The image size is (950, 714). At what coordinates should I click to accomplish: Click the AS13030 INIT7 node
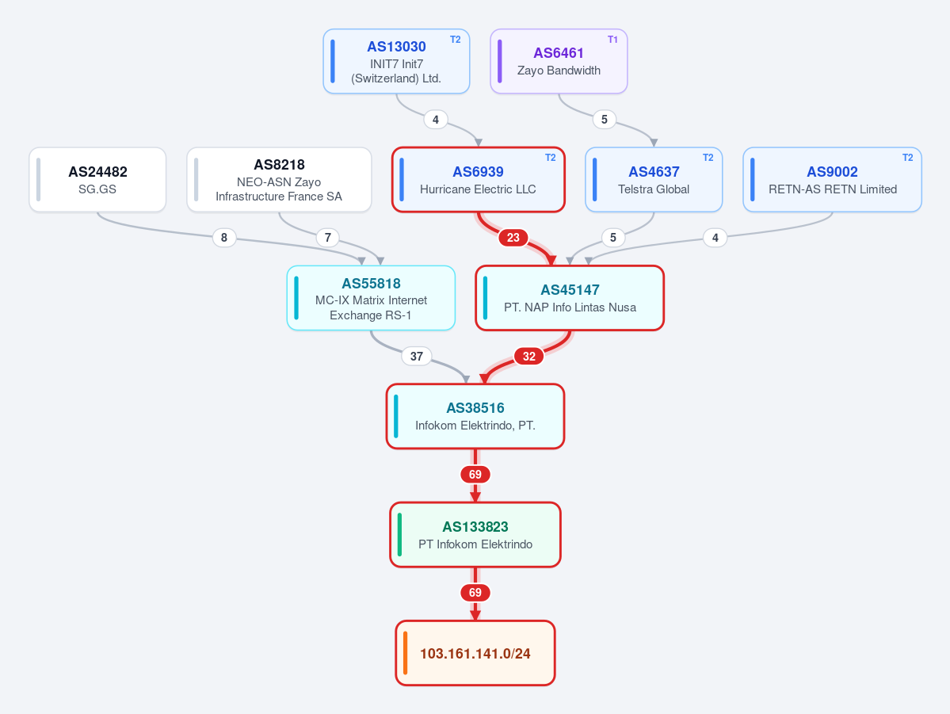pos(396,61)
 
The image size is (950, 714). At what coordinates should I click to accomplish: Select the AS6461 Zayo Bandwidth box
pos(559,61)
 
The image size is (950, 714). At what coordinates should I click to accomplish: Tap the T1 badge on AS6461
pos(612,40)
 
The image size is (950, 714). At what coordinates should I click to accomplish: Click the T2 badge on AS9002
pos(907,158)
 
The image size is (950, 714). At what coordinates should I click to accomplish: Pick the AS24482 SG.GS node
pos(97,179)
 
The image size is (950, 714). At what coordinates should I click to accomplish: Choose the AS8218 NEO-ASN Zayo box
pos(280,179)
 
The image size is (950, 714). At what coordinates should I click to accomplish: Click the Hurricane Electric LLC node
pos(478,179)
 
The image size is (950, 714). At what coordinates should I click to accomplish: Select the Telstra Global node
pos(654,179)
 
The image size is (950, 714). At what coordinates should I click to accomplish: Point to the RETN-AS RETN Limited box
pos(833,179)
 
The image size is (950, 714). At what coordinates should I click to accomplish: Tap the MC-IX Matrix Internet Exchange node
pos(371,298)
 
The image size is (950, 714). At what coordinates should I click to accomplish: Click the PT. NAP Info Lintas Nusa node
pos(570,298)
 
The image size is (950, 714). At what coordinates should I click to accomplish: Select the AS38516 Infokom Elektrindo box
pos(475,416)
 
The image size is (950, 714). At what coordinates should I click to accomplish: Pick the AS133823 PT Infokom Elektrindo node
pos(475,535)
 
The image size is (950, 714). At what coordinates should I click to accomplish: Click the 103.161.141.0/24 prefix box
pos(475,654)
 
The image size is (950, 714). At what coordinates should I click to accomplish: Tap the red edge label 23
pos(513,238)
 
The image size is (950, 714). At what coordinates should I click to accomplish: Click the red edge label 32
pos(529,356)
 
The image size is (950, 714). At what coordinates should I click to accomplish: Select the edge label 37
pos(416,356)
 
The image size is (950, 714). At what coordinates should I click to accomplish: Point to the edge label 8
pos(224,238)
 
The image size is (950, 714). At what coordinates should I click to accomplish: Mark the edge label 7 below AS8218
pos(328,238)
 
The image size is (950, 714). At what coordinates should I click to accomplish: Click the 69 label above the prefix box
pos(475,593)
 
